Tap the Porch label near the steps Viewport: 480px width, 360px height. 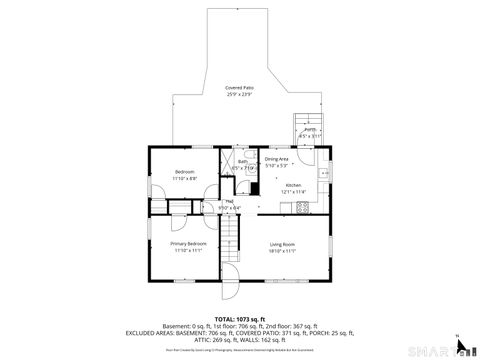(x=310, y=129)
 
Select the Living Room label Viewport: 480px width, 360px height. (x=282, y=244)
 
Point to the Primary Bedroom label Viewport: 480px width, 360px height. (x=188, y=244)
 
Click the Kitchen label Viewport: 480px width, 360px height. (x=293, y=186)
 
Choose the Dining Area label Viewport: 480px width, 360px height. (x=277, y=159)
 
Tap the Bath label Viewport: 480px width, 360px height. (x=243, y=161)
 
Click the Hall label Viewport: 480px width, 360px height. (x=229, y=202)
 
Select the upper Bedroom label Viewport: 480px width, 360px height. (x=185, y=172)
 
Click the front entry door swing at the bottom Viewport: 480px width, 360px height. (x=229, y=275)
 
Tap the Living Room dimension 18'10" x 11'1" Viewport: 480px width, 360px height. (x=282, y=251)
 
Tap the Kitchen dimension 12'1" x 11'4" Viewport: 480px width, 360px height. (x=293, y=192)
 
